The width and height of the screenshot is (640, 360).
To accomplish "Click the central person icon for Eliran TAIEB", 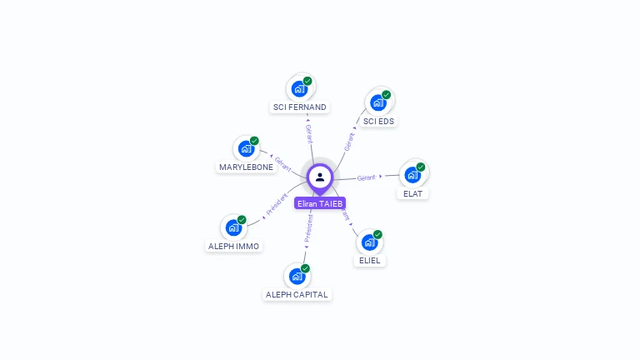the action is [320, 177].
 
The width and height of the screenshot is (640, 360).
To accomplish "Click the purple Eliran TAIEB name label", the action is [320, 203].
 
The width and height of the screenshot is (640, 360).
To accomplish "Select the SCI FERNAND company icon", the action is [300, 88].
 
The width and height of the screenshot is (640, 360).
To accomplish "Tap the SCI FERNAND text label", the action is [300, 107].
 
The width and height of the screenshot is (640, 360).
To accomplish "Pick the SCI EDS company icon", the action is [379, 102].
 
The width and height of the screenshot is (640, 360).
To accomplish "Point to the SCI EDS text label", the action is [379, 121].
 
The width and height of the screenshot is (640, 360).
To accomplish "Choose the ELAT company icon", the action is [413, 174].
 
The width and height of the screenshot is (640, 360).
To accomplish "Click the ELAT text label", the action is [413, 193].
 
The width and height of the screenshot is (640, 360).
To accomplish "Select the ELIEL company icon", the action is [370, 242].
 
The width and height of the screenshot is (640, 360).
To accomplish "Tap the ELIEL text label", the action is [370, 260].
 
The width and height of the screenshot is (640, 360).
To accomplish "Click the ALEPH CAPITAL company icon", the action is [297, 276].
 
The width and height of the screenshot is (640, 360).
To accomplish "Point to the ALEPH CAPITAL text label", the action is [297, 294].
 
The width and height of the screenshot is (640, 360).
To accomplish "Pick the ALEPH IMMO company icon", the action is [233, 227].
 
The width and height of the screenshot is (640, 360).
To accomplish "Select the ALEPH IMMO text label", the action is [233, 246].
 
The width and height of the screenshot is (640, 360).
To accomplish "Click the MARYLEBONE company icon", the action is [246, 148].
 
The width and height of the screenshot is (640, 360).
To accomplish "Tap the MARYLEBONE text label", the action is [246, 167].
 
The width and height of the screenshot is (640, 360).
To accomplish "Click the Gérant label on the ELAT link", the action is [367, 177].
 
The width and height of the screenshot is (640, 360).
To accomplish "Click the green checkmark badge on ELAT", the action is [421, 167].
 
